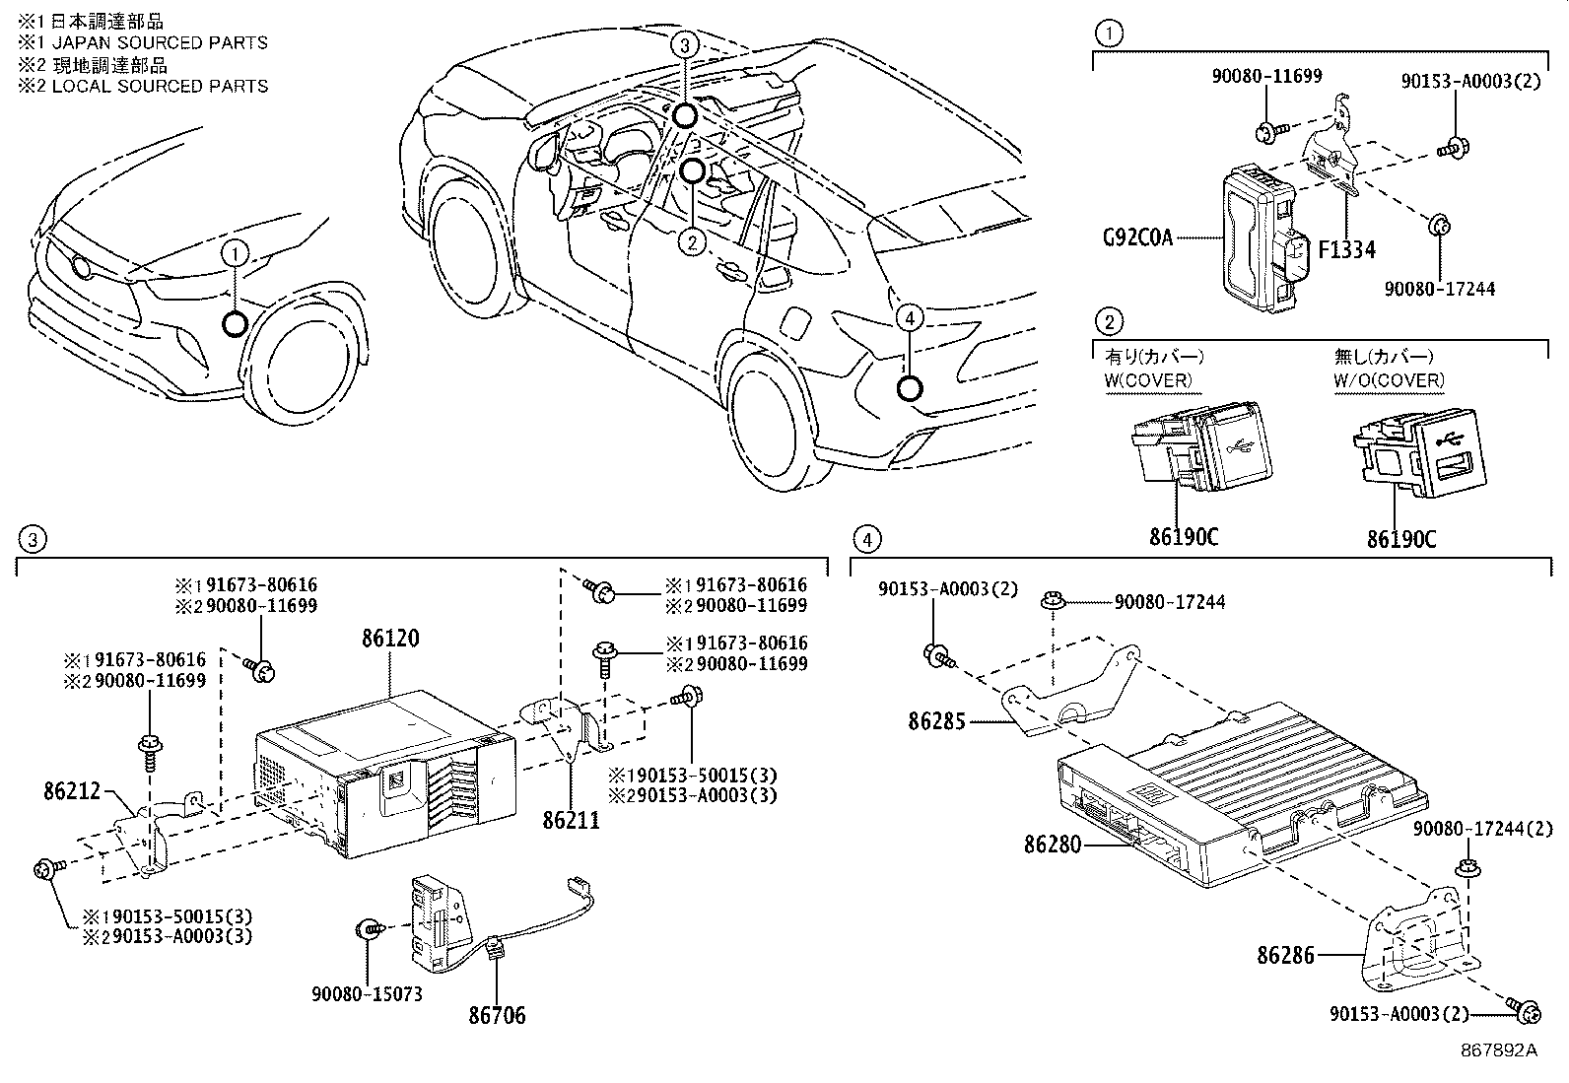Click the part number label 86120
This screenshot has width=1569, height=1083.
pyautogui.click(x=389, y=639)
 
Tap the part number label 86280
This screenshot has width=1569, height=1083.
pyautogui.click(x=1053, y=845)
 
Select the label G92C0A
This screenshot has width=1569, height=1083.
pyautogui.click(x=1136, y=237)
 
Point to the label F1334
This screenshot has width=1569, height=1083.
pyautogui.click(x=1346, y=250)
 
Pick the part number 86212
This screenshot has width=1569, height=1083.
pyautogui.click(x=73, y=790)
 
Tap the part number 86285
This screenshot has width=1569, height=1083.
pyautogui.click(x=937, y=721)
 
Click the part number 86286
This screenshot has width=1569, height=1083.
pyautogui.click(x=1285, y=954)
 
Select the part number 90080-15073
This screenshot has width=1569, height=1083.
pyautogui.click(x=369, y=993)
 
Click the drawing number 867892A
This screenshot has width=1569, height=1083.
pyautogui.click(x=1498, y=1050)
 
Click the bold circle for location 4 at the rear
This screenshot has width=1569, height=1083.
pyautogui.click(x=909, y=388)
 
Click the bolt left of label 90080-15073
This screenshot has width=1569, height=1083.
pyautogui.click(x=372, y=927)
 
